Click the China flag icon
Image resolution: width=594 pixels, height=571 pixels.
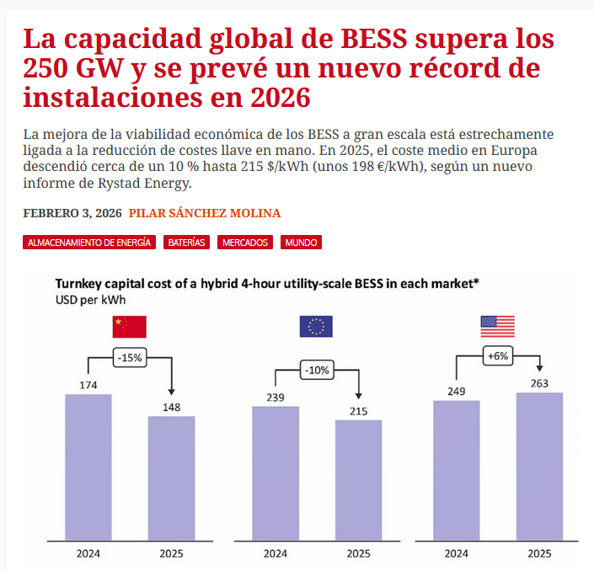(x=129, y=327)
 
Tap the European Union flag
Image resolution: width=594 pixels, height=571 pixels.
(x=316, y=327)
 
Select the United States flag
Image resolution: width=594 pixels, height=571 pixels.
(x=497, y=327)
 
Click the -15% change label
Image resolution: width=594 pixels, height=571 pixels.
(x=129, y=358)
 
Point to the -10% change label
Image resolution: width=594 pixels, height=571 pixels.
(x=317, y=370)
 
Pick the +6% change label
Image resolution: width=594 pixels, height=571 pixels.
(x=497, y=355)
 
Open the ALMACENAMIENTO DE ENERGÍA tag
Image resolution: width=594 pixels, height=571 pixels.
(x=89, y=243)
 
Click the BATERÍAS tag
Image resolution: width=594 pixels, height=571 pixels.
(x=186, y=243)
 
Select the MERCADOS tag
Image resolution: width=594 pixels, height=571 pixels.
(x=245, y=243)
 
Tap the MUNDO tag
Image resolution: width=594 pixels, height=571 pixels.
(x=301, y=243)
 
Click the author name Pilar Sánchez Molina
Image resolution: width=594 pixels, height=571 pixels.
(x=204, y=213)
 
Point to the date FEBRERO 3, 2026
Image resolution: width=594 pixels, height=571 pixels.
(x=72, y=213)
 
